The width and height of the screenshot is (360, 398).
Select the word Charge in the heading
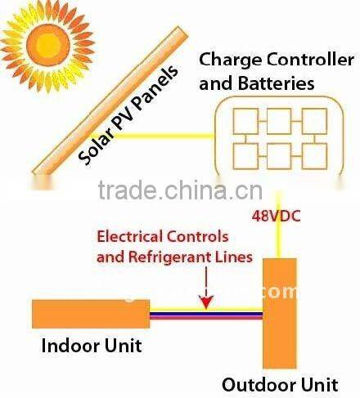pos(227,60)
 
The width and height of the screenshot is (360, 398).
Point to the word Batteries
pos(277,83)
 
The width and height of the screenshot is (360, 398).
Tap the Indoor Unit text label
pos(92,346)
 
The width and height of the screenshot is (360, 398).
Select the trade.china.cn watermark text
pos(180,191)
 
